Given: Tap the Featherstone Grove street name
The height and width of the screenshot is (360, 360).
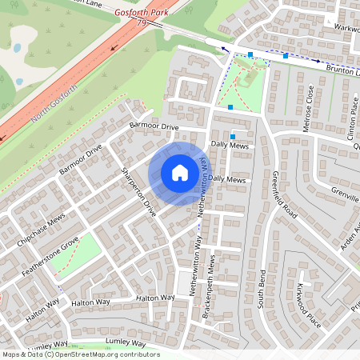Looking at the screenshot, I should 50,254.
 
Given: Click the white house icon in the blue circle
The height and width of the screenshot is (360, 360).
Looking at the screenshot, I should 180,173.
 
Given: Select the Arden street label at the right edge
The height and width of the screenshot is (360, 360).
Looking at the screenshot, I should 350,238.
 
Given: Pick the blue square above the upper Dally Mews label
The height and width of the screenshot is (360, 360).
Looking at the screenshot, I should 234,136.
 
